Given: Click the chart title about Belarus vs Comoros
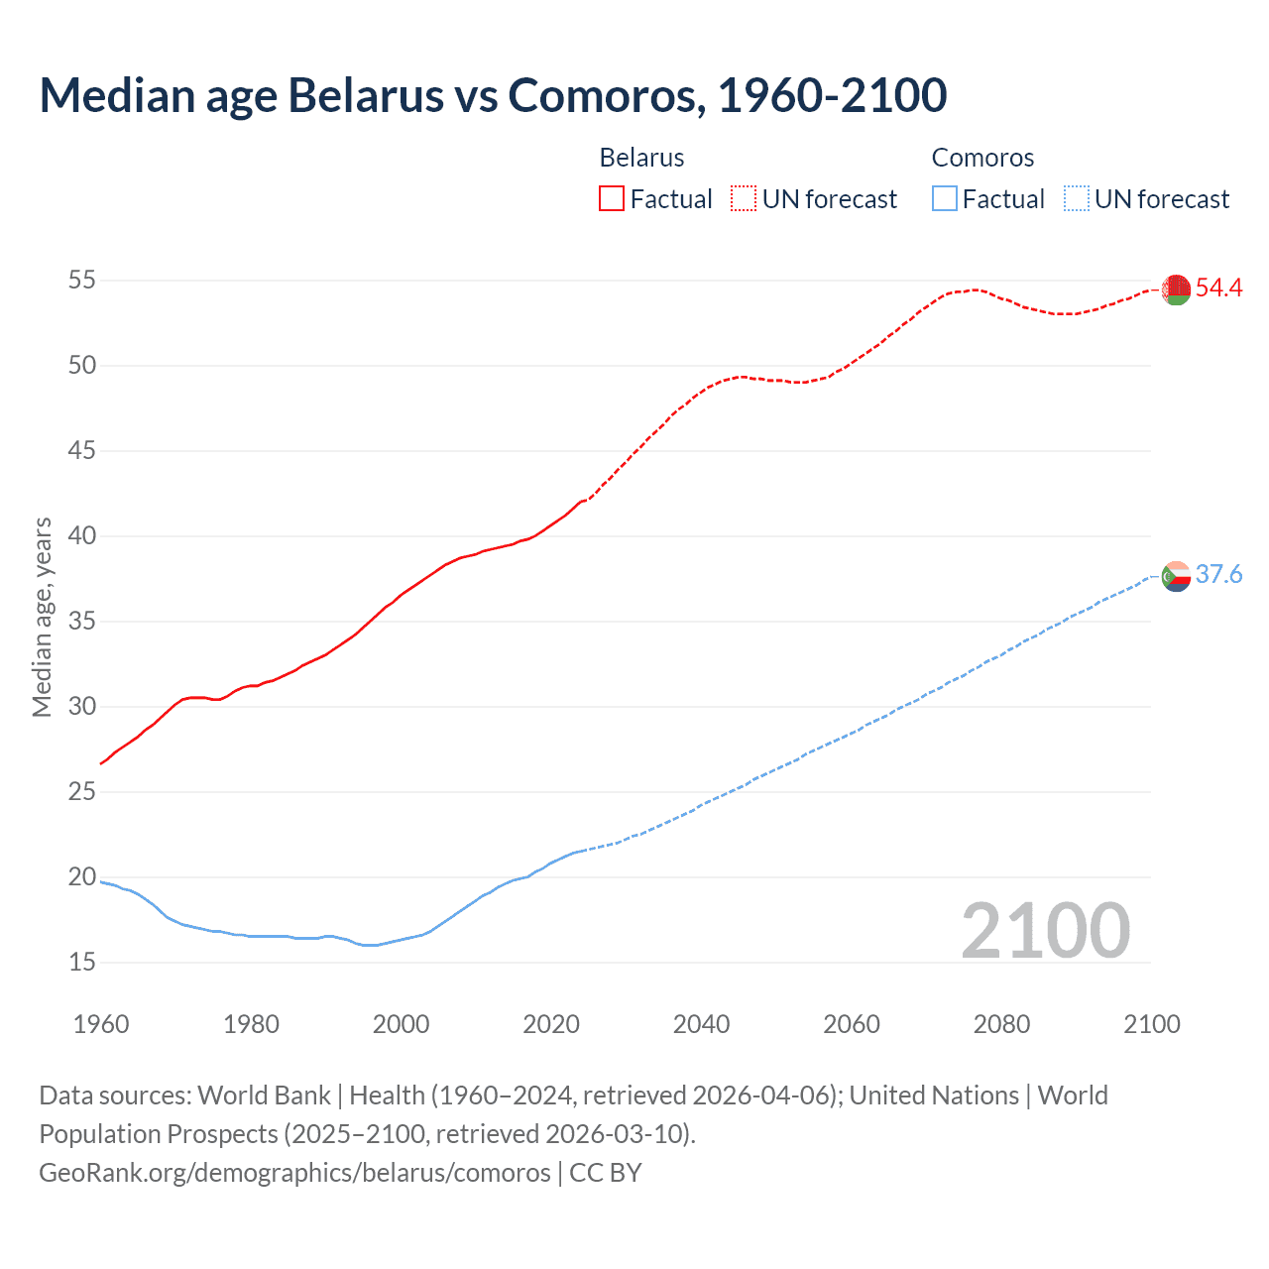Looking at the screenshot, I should tap(493, 95).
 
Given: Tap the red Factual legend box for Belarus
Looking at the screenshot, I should tap(612, 199).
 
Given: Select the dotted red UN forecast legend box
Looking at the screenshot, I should tap(744, 199).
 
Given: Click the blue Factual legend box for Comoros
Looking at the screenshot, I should tap(944, 199).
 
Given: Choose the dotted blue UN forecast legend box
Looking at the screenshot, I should tap(1076, 199).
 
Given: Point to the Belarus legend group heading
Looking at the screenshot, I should tap(641, 158).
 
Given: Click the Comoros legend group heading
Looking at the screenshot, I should tap(982, 158).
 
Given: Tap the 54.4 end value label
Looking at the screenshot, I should tap(1218, 288).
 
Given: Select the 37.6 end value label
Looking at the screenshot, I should tap(1218, 575).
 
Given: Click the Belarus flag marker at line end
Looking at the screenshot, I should tap(1176, 289).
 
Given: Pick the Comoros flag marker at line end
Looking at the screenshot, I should tap(1176, 576).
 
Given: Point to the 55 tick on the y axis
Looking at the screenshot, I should tap(82, 281).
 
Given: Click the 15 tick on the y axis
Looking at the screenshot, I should tap(82, 963).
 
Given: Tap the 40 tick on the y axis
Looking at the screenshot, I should tap(82, 536).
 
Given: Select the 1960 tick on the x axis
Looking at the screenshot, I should tap(101, 1024).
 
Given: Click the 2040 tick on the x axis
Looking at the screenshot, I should tap(701, 1024).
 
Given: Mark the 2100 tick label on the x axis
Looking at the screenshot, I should tap(1151, 1024).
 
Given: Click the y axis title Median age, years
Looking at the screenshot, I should tap(42, 617).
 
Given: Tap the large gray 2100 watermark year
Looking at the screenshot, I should tap(1045, 931).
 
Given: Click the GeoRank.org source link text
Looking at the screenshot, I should tap(294, 1173).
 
